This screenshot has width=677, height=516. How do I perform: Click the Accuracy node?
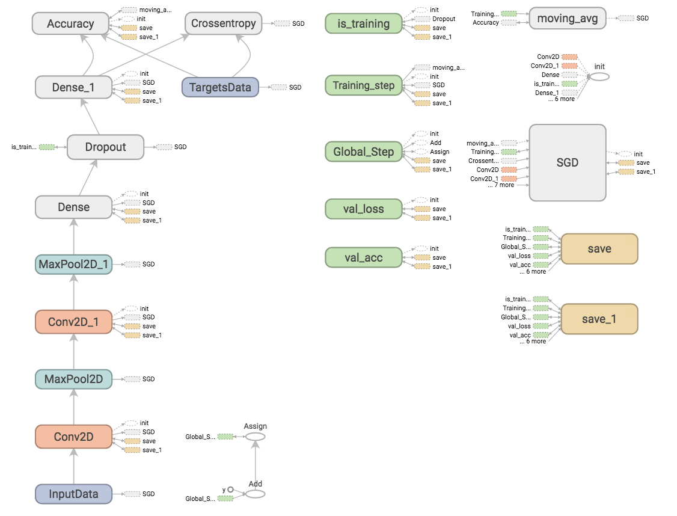point(70,24)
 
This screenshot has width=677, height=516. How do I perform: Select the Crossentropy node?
point(223,24)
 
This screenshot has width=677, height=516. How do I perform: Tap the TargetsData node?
point(220,87)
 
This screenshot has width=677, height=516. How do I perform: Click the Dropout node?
point(105,147)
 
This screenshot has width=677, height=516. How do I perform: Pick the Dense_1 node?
point(73,87)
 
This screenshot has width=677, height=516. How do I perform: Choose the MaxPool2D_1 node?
point(73,265)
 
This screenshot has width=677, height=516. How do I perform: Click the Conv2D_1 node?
point(73,322)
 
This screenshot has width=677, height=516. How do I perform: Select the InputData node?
point(73,494)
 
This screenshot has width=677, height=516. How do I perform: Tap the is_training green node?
point(363,24)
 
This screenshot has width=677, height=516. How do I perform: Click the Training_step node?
point(363,85)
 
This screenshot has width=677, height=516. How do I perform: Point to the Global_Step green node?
point(363,152)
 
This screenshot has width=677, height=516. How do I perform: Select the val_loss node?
point(363,209)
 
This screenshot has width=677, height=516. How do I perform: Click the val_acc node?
point(363,257)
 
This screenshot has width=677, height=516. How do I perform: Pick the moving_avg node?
point(567,19)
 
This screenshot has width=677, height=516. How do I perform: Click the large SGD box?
point(567,163)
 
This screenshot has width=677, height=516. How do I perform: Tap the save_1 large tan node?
point(599,319)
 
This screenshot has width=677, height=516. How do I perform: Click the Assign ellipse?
point(255,437)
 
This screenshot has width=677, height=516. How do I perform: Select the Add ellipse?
point(255,494)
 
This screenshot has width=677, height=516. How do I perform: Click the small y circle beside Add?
point(230,490)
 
